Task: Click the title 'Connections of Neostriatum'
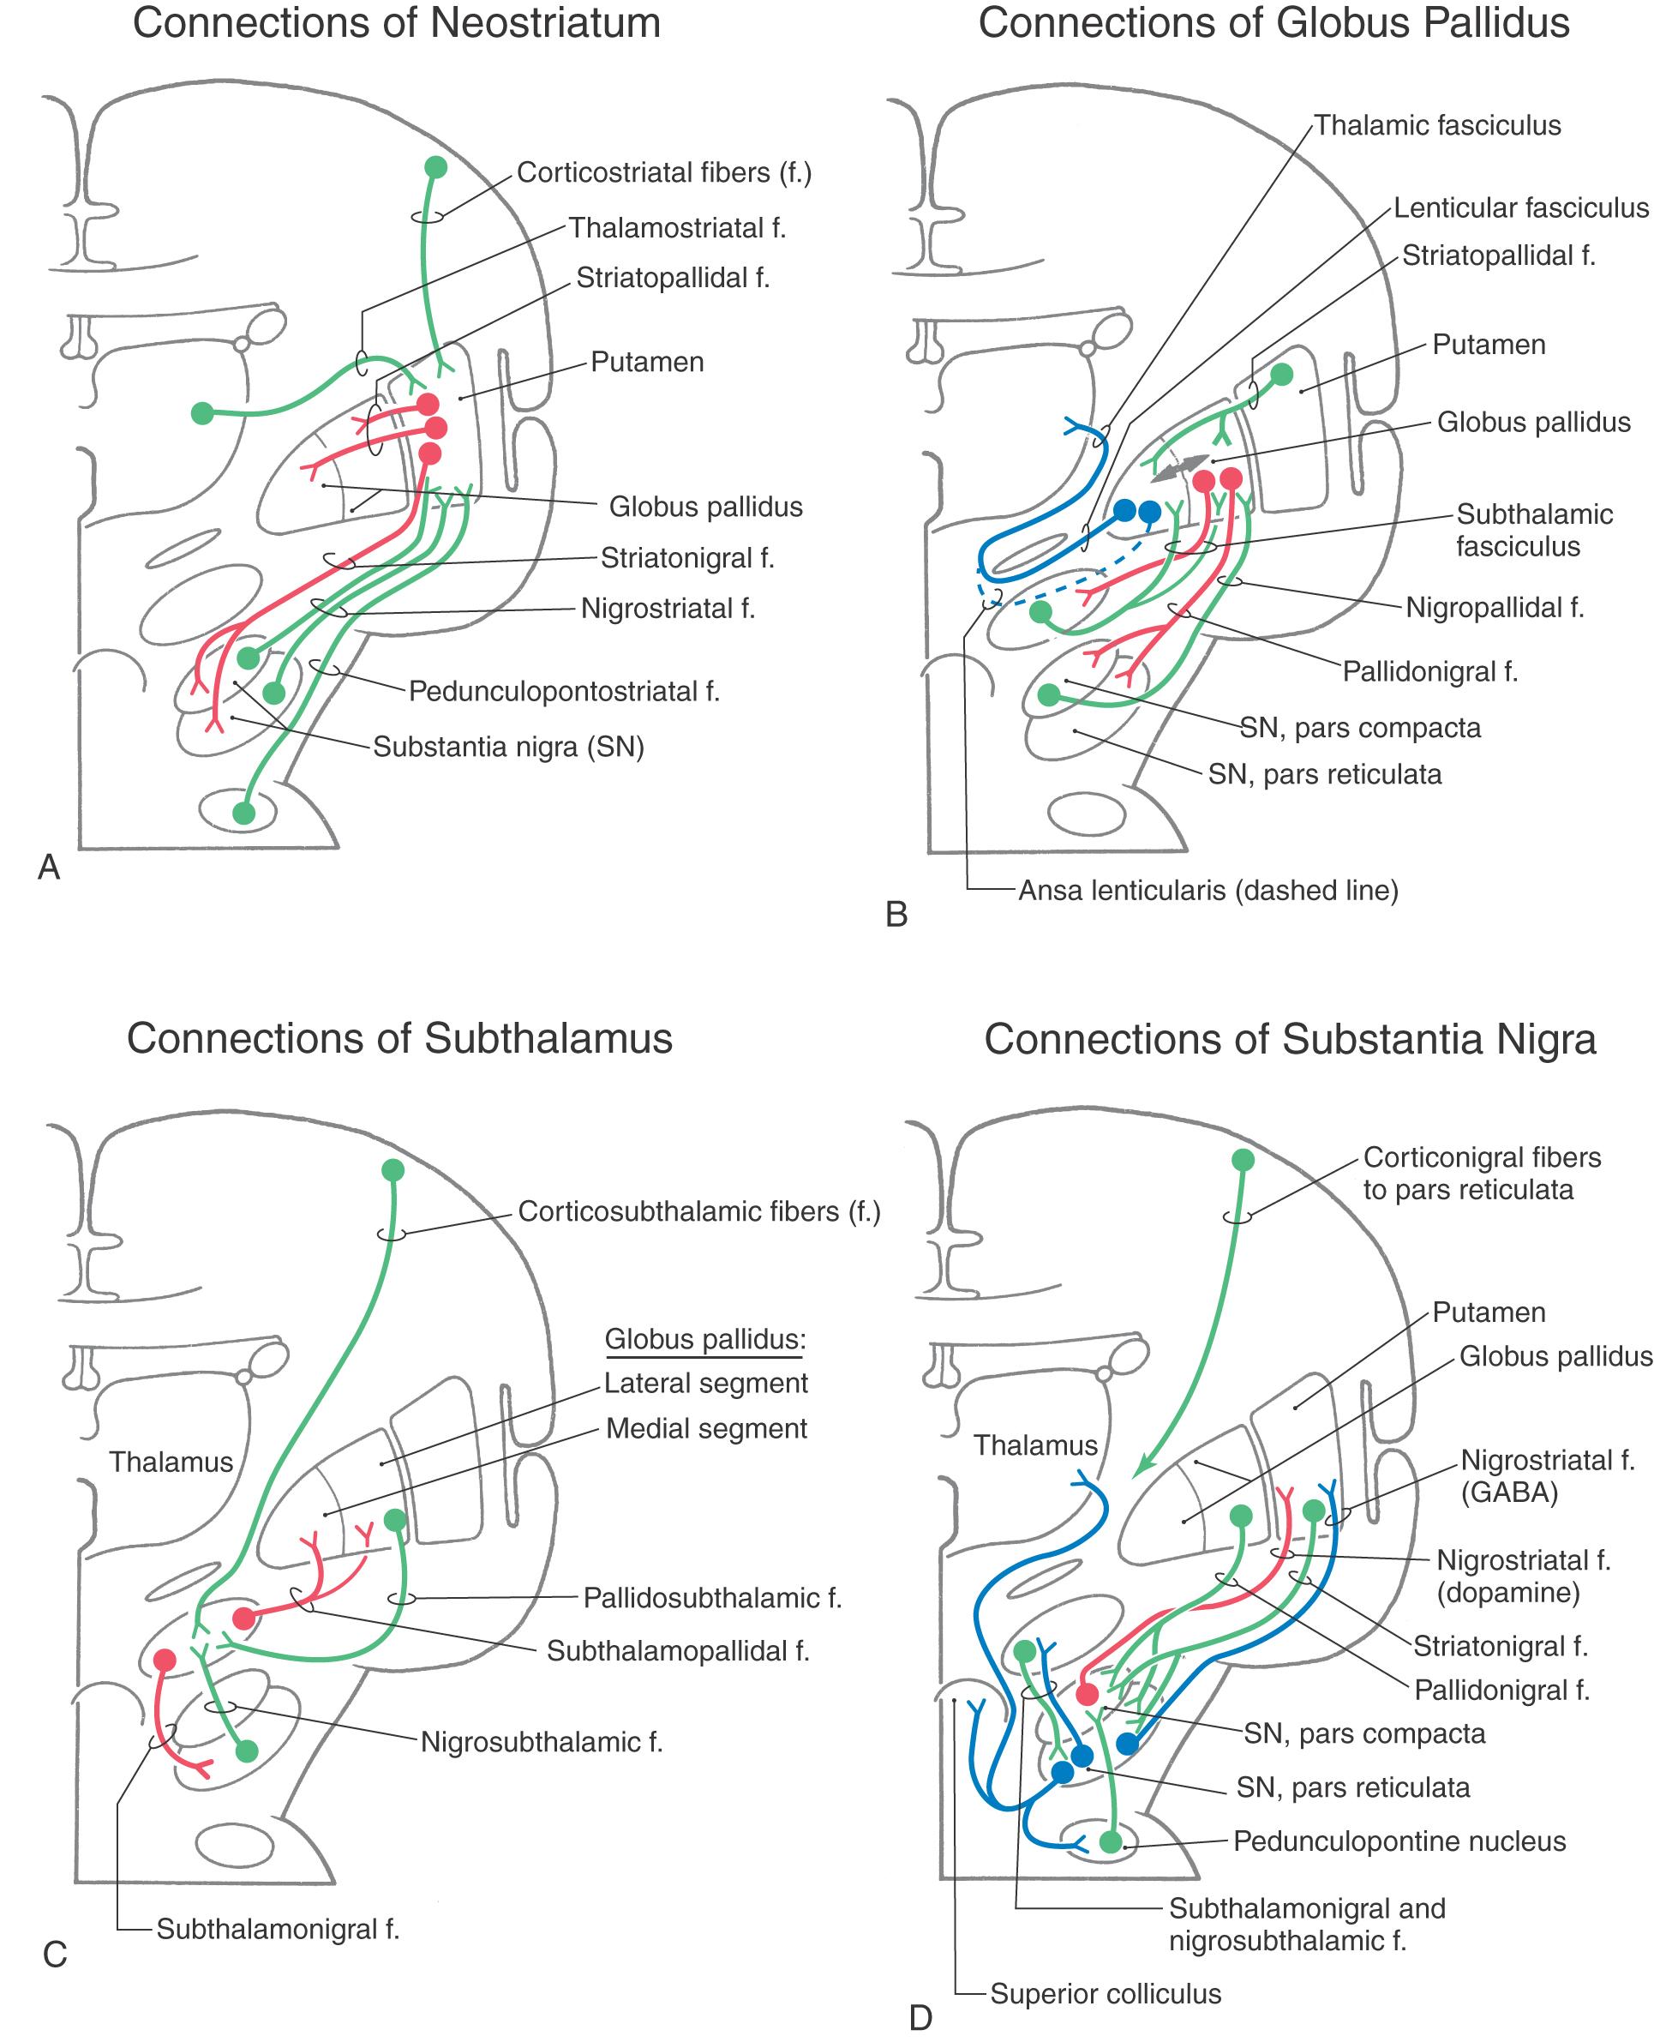396,23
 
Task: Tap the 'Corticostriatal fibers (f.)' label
664,172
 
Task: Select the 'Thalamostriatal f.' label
676,229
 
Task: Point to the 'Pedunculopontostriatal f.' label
564,691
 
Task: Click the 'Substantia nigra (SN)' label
508,746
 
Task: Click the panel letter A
49,867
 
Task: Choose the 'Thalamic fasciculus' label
1437,126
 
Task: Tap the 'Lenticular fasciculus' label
1520,207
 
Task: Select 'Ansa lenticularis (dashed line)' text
1208,890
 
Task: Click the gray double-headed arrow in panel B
1179,467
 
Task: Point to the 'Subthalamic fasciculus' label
1534,530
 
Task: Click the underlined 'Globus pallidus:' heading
705,1339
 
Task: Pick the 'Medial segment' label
706,1428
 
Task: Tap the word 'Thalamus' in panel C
171,1462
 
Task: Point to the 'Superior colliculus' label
1106,1993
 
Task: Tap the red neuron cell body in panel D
1088,1693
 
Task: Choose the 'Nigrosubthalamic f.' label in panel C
541,1742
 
